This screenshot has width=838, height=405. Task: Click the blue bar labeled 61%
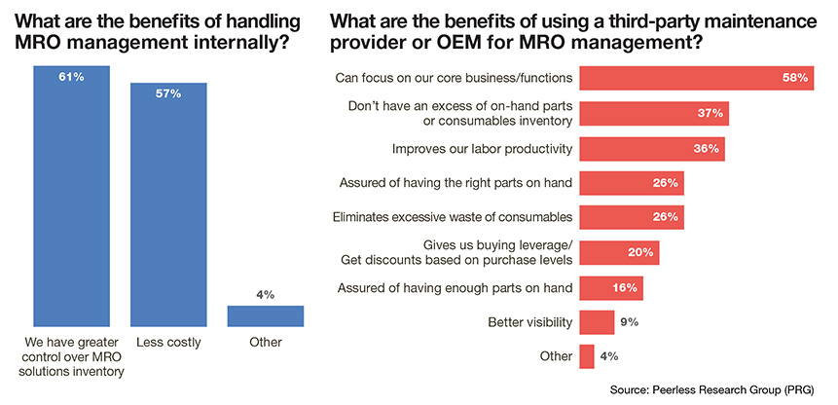coord(70,195)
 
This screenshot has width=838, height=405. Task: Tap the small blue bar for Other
coord(266,315)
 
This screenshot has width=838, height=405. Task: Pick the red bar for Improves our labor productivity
coord(651,148)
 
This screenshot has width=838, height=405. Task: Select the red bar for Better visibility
coord(596,321)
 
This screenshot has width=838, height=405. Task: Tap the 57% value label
coord(168,93)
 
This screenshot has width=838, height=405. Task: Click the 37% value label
coord(709,114)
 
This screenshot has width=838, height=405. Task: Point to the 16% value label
coord(625,287)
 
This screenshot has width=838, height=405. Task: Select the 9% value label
coord(631,321)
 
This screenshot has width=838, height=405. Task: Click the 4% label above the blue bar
coord(266,293)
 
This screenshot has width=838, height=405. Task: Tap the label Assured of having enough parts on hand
coord(455,287)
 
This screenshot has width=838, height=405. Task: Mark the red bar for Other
coord(586,356)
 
